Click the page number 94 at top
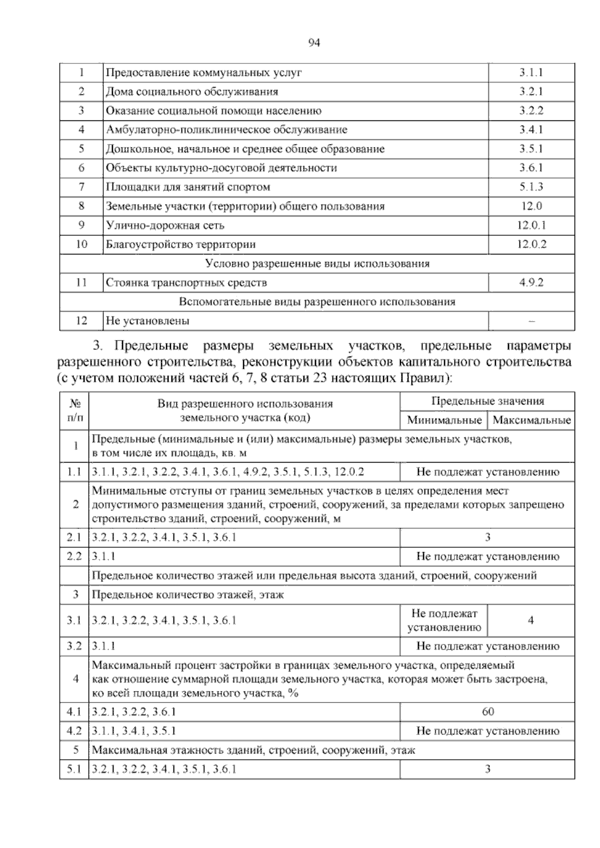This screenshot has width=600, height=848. tap(314, 43)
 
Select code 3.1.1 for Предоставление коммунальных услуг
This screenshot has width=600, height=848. tap(531, 72)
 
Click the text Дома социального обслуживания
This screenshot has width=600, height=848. tap(192, 92)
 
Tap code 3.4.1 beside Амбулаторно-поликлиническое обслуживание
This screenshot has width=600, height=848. tap(531, 130)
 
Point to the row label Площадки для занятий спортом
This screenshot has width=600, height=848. tap(188, 187)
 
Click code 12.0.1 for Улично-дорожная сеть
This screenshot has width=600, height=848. tap(531, 225)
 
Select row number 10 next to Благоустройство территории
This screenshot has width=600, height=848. tap(81, 244)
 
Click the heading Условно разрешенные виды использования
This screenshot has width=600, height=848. tap(317, 263)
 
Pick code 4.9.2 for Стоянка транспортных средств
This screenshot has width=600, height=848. tap(531, 283)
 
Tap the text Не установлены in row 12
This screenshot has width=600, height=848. tap(147, 321)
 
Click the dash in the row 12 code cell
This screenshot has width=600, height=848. tap(531, 321)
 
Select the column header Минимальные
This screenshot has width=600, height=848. tap(444, 420)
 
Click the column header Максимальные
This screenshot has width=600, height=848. tap(531, 420)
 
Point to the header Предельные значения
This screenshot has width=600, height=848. tap(487, 401)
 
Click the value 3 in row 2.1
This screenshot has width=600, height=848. tap(487, 537)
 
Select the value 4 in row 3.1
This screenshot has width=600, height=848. tap(530, 620)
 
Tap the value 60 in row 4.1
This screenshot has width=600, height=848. tap(487, 712)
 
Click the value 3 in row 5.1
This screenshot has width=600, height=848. tap(487, 769)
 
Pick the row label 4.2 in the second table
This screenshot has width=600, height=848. tap(74, 731)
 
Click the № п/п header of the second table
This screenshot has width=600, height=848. tap(74, 410)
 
